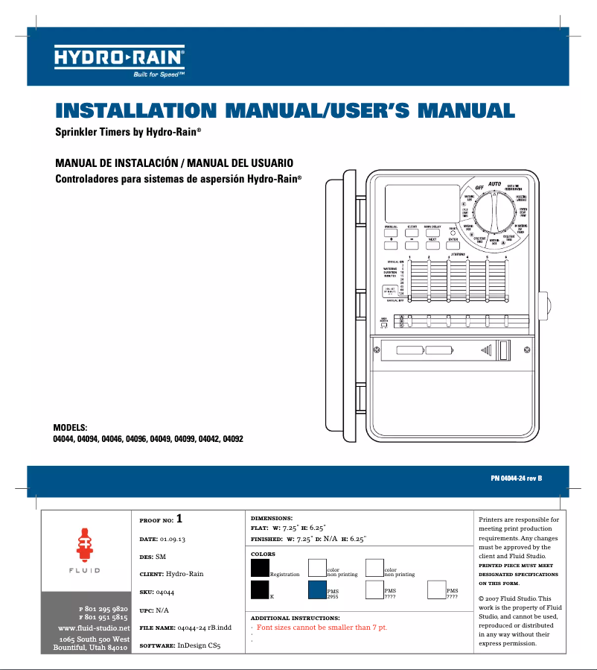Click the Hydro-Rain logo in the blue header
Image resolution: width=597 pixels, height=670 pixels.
119,57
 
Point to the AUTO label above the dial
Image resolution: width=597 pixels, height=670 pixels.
494,183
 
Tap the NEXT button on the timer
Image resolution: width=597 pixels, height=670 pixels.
432,244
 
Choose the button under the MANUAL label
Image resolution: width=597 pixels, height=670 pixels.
390,232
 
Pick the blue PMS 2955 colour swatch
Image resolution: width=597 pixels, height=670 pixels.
317,590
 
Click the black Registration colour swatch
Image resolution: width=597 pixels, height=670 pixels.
260,568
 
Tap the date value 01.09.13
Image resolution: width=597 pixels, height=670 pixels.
172,537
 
